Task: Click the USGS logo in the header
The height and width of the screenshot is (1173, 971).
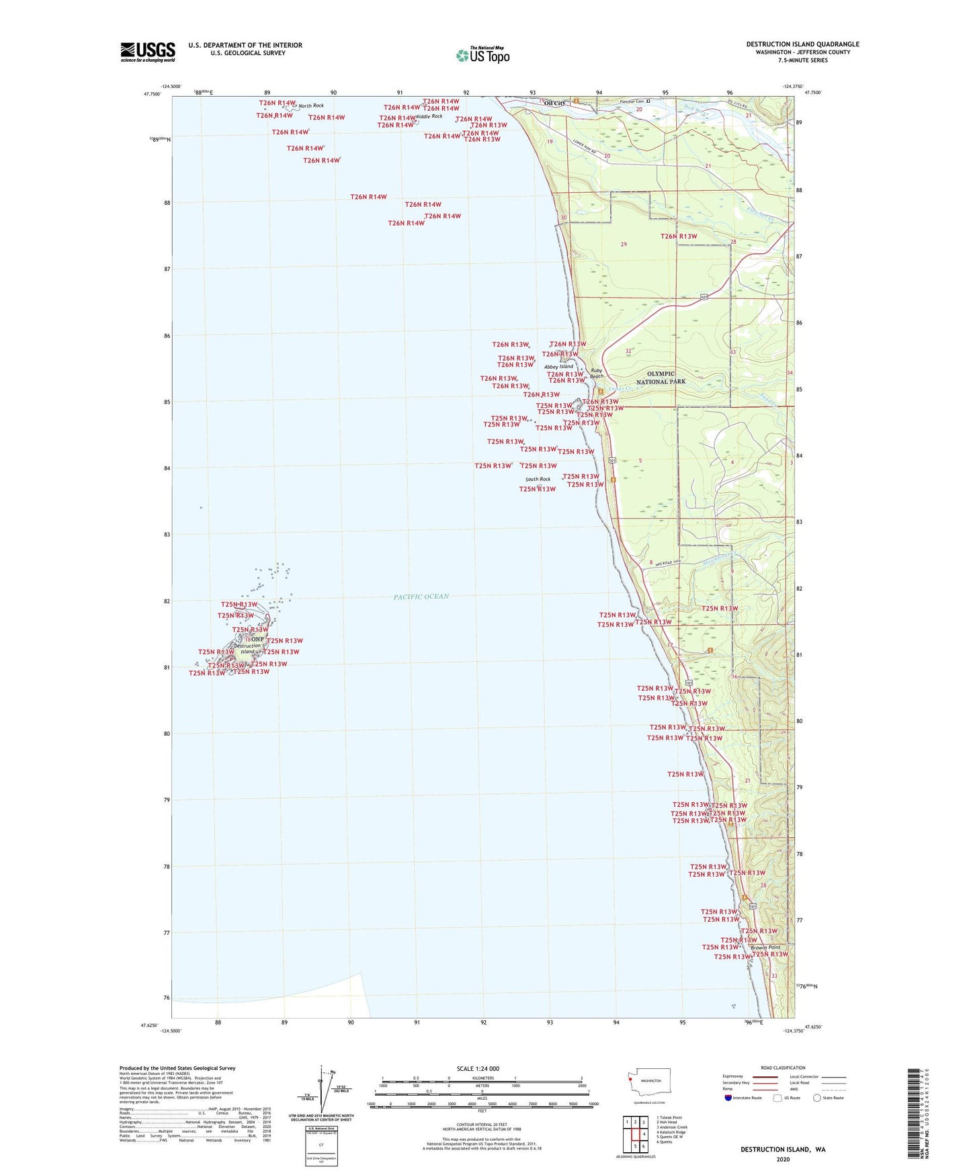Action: coord(148,52)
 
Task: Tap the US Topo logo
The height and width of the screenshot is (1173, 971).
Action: coord(482,55)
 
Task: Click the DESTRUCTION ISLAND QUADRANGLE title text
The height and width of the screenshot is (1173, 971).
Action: coord(802,44)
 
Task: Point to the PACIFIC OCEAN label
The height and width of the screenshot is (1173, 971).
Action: coord(421,597)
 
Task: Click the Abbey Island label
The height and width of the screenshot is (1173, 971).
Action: coord(558,367)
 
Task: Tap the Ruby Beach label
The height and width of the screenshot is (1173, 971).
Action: coord(597,374)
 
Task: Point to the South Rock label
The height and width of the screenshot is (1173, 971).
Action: coord(538,479)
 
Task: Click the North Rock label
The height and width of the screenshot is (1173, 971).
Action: coord(311,105)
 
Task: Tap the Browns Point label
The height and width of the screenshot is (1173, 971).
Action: coord(765,948)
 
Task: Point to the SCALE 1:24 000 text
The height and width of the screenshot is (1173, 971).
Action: coord(478,1069)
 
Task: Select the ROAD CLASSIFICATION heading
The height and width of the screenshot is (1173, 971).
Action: coord(783,1068)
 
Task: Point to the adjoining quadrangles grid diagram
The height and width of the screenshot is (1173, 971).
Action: coord(635,1132)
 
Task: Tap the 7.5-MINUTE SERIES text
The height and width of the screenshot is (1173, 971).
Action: coord(802,60)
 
